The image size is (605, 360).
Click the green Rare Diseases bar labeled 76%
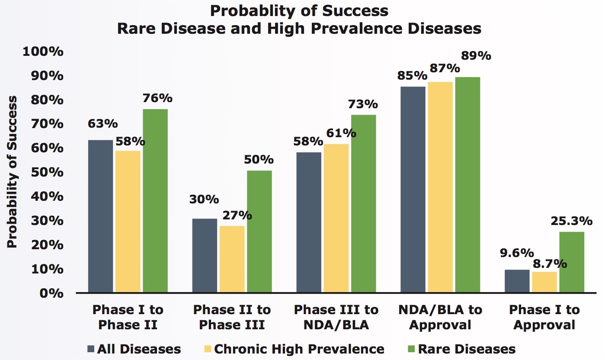[155, 201]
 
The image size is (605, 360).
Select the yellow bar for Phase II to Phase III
[232, 259]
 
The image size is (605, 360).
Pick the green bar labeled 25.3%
[571, 262]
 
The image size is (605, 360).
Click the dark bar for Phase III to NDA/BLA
[308, 222]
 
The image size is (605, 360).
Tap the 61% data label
[342, 133]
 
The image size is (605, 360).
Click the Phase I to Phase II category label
[128, 317]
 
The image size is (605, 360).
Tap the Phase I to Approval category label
[544, 317]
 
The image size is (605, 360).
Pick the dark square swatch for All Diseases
[91, 349]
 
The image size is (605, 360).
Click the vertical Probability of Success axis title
[13, 172]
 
